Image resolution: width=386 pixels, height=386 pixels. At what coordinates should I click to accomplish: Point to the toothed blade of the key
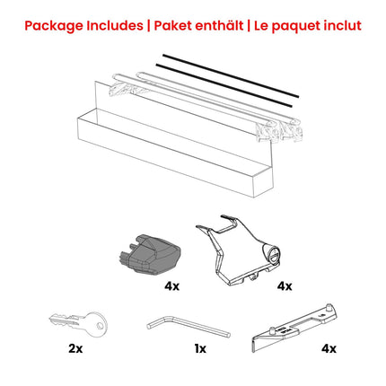[60, 320]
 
